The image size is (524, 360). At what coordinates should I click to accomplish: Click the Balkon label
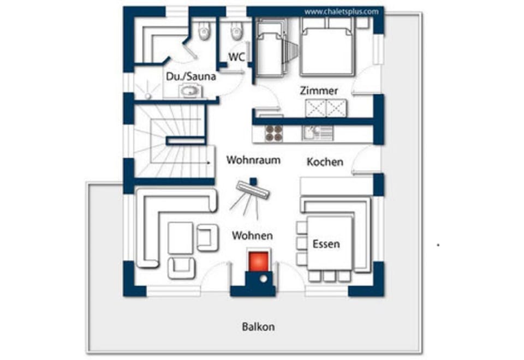click(x=258, y=327)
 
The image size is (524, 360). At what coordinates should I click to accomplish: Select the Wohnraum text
click(x=253, y=160)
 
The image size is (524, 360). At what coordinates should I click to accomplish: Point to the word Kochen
click(x=325, y=162)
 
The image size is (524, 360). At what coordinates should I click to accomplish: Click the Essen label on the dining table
click(x=326, y=244)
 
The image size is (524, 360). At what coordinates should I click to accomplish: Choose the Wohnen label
click(x=252, y=236)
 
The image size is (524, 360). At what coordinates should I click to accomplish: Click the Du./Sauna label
click(x=191, y=77)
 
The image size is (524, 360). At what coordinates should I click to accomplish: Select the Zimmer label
click(x=319, y=91)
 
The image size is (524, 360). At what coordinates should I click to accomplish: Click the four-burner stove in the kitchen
click(x=273, y=133)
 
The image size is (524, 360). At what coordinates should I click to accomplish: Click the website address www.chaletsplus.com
click(x=341, y=11)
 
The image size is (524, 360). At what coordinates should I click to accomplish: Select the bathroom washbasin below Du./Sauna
click(x=190, y=91)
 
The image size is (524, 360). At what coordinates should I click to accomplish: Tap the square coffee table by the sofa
click(x=180, y=238)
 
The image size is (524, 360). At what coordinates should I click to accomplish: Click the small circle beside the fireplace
click(x=264, y=280)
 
